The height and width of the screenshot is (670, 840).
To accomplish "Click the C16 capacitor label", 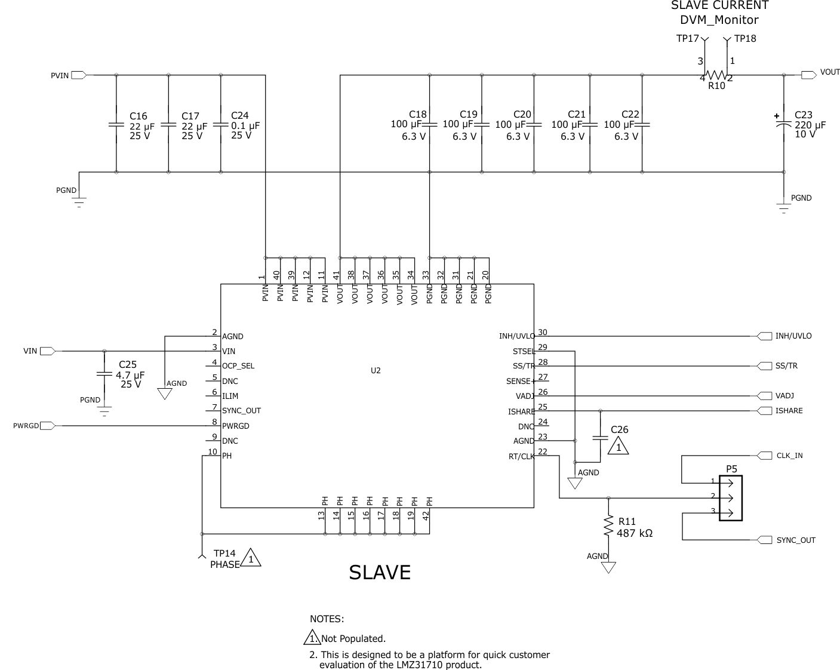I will click(138, 116).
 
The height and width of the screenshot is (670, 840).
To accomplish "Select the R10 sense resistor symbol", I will click(716, 76).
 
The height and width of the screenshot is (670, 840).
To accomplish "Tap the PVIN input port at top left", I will click(79, 75).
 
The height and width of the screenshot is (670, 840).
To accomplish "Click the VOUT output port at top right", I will click(808, 75).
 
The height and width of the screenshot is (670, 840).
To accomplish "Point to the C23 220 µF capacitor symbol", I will click(783, 125).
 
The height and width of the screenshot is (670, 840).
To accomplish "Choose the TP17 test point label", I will click(687, 39).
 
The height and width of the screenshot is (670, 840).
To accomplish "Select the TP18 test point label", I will click(745, 39).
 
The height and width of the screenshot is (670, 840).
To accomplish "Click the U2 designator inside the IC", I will click(376, 370).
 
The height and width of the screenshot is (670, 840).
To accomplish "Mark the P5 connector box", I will click(731, 498).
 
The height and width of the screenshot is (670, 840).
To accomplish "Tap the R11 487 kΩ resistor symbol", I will click(608, 527).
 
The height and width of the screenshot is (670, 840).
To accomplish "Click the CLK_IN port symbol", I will click(764, 456).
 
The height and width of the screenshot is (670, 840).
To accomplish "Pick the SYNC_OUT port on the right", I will click(764, 540).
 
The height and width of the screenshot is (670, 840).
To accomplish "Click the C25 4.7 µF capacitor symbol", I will click(104, 374).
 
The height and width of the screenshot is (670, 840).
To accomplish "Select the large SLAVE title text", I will click(380, 573).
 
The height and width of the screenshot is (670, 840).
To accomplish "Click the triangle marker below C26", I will click(619, 446).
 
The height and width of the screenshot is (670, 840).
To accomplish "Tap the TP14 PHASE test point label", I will click(224, 559).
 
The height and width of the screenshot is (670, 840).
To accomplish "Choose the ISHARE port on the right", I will click(764, 411).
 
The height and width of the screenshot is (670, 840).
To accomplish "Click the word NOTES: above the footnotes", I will click(327, 619).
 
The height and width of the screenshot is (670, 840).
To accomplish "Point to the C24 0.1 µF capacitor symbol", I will click(221, 125).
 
